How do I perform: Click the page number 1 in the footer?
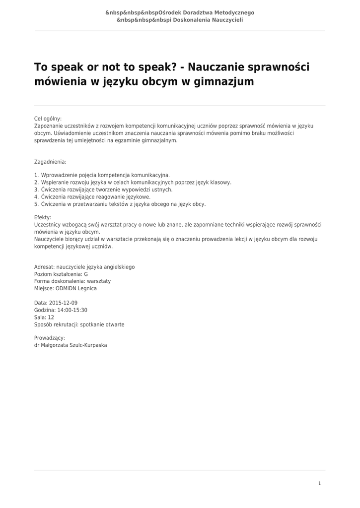pos(320,483)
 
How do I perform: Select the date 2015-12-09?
pos(63,303)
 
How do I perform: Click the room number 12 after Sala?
pos(51,317)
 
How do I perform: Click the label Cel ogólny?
pos(48,119)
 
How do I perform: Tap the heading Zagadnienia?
pos(50,162)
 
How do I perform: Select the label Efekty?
pos(43,217)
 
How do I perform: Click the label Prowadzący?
pos(50,338)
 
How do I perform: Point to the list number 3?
pos(36,190)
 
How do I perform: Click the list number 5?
pos(36,204)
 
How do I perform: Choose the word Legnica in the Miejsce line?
pos(86,288)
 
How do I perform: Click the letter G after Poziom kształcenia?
pos(86,274)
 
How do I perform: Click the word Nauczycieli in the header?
pos(227,20)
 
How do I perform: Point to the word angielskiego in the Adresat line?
pos(119,267)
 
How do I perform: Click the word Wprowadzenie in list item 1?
pos(59,175)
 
